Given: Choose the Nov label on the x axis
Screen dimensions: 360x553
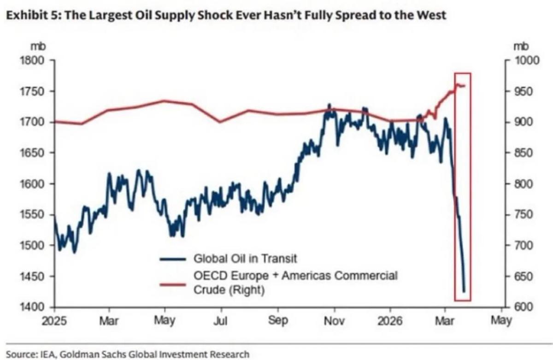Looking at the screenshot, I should click(x=333, y=320).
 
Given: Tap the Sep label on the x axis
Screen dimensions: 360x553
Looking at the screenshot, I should click(x=277, y=320).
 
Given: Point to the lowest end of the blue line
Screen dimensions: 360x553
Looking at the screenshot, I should click(x=464, y=291).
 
